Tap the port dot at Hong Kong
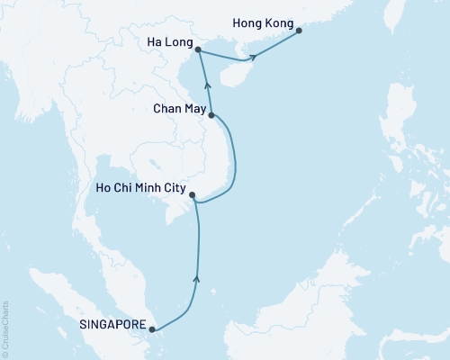point(300,31)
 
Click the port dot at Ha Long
point(198,51)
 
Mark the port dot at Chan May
point(211,115)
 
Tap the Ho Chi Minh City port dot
point(191,195)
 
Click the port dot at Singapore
point(154,329)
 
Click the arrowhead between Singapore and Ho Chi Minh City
point(196,281)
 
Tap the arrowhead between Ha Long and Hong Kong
point(255,58)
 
